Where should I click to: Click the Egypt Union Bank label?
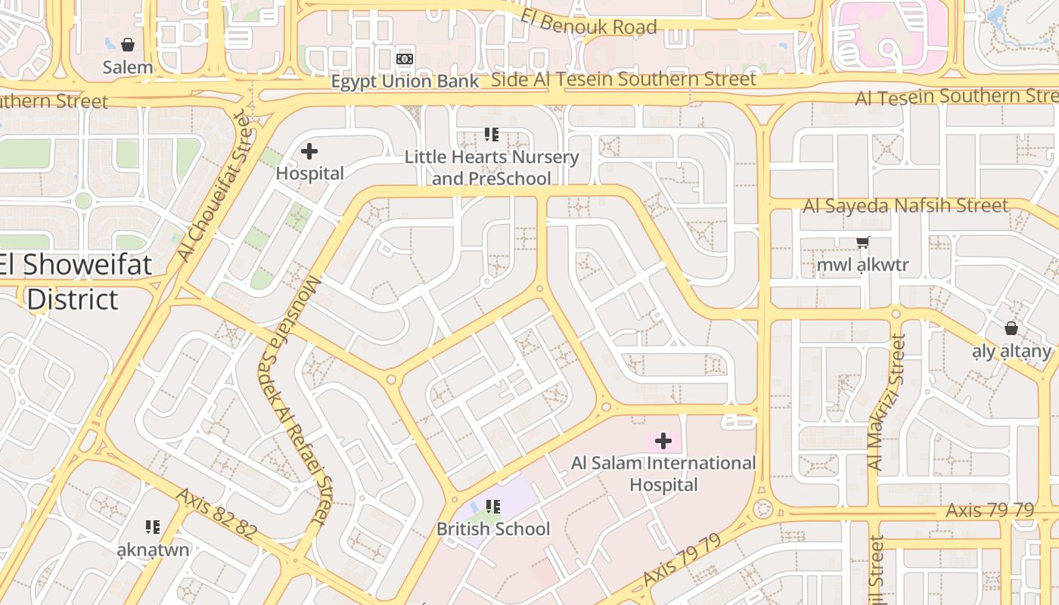(x=405, y=81)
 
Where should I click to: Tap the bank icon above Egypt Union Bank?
(x=405, y=59)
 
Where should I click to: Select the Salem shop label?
(x=128, y=67)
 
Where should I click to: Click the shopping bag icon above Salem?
(x=128, y=45)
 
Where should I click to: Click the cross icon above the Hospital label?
(x=309, y=151)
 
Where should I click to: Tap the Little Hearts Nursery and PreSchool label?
(x=491, y=168)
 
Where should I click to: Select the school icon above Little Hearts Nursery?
(x=492, y=135)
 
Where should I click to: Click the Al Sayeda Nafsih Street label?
(x=905, y=205)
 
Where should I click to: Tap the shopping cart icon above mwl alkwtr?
(x=862, y=243)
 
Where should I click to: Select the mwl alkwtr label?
(x=862, y=265)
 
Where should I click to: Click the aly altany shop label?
(x=1011, y=351)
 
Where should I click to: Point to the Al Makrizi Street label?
(x=887, y=402)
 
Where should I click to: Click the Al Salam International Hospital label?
(x=663, y=473)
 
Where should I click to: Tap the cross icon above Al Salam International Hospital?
(x=663, y=441)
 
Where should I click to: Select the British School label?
(x=493, y=529)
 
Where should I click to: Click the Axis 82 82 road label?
(x=216, y=513)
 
